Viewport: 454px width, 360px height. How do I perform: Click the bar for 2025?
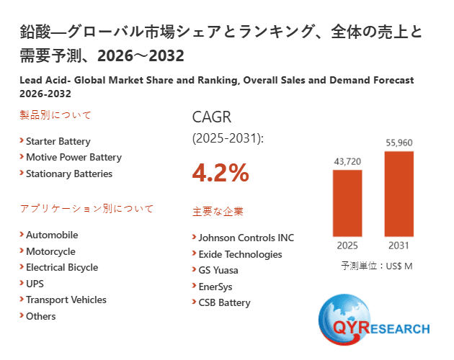click(x=347, y=203)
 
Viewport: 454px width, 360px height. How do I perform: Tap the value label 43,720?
click(x=347, y=161)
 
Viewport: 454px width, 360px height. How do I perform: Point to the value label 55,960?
click(x=399, y=143)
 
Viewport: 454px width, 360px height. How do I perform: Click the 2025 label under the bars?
click(x=347, y=246)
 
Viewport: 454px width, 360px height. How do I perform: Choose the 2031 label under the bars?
click(x=399, y=246)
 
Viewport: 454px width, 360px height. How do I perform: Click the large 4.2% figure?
click(x=221, y=173)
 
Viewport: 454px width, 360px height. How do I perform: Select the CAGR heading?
click(x=212, y=117)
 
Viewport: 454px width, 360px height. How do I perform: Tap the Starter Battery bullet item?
click(x=58, y=141)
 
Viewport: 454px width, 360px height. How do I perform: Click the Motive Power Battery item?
click(x=74, y=157)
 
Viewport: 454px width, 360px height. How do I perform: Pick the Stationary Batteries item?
click(x=69, y=174)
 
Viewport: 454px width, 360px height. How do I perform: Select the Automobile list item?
click(x=52, y=235)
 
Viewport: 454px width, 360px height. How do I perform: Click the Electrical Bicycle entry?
click(x=62, y=267)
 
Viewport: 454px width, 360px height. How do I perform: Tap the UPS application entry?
click(x=35, y=284)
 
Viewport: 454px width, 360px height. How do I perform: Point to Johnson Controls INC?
click(x=246, y=238)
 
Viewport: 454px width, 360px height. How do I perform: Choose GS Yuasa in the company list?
click(x=218, y=270)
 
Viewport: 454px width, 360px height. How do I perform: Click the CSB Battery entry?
click(x=224, y=302)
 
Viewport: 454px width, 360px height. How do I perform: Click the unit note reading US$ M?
click(x=376, y=266)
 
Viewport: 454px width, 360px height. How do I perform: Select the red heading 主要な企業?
click(x=218, y=212)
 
